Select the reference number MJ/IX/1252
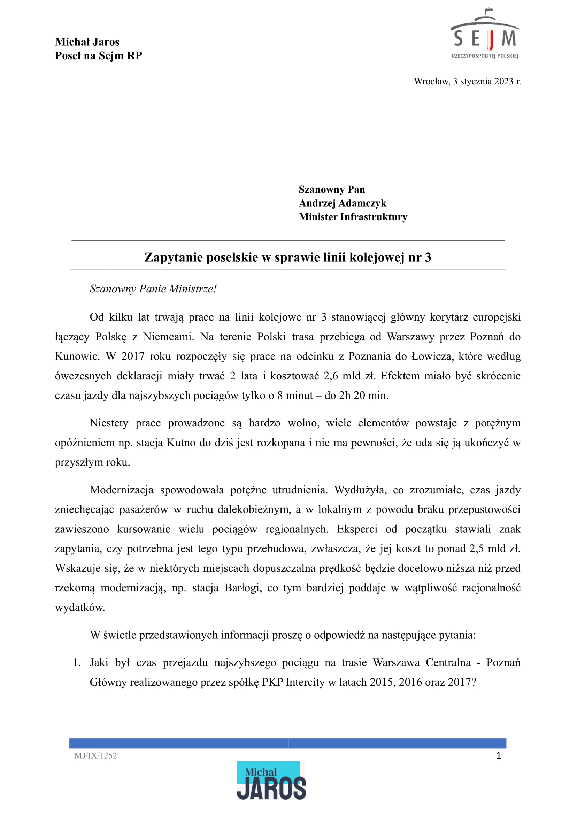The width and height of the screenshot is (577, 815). (x=95, y=756)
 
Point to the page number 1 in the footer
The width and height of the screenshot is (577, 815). (x=499, y=756)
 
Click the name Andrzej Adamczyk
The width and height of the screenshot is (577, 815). (x=342, y=203)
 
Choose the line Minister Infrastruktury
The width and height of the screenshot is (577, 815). (x=353, y=217)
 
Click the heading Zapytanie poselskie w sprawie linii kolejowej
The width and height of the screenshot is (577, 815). (x=287, y=257)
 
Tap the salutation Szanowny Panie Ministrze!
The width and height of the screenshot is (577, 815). (x=153, y=289)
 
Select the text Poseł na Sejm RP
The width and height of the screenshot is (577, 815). (x=98, y=55)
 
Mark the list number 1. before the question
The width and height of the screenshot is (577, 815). (x=77, y=663)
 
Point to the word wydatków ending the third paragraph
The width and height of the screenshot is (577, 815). (x=80, y=607)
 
